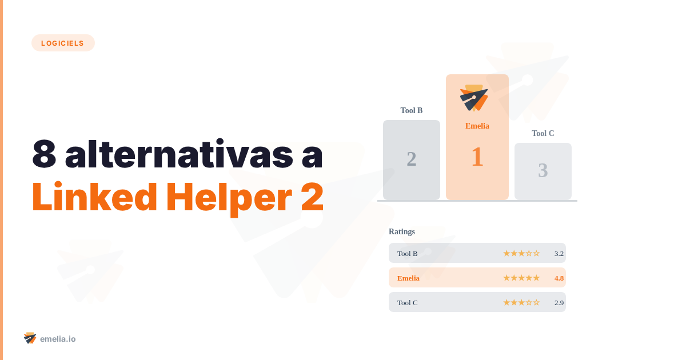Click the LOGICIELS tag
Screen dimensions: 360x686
[63, 43]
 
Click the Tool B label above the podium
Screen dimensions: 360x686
[412, 110]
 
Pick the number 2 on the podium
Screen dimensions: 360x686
[412, 159]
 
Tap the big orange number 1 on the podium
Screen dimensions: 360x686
[477, 157]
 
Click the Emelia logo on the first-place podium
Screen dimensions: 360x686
[474, 98]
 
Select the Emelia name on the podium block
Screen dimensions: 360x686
[477, 126]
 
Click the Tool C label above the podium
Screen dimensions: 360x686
[543, 133]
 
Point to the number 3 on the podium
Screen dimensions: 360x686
[543, 170]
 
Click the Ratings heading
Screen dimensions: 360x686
[402, 231]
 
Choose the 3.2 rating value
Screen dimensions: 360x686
[559, 253]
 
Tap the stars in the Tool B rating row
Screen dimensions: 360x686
[521, 253]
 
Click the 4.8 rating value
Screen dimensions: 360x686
[559, 278]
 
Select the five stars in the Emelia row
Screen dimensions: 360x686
[521, 278]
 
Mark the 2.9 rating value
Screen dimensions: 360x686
[559, 302]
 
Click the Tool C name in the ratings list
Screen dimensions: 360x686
[408, 302]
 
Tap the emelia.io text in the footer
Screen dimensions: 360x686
[58, 339]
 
